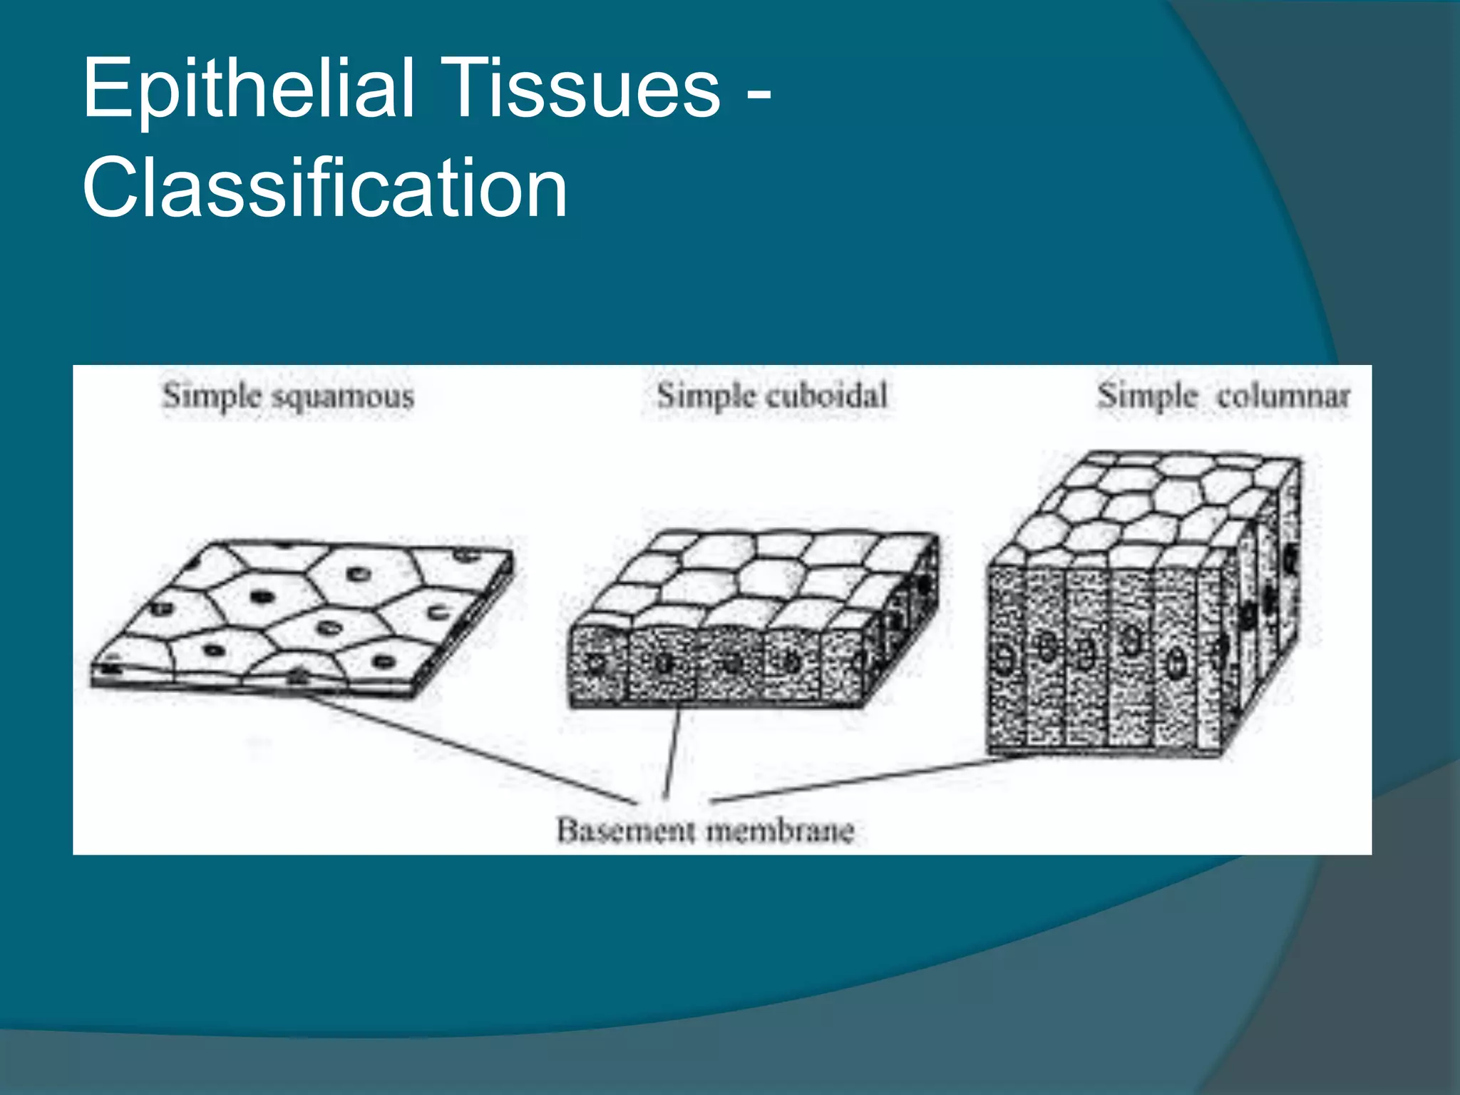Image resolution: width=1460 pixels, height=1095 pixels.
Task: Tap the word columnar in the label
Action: (x=1283, y=396)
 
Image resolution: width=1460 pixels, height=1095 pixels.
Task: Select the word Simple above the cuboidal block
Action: (x=706, y=396)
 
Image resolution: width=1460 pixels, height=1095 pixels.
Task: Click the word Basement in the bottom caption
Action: (x=625, y=831)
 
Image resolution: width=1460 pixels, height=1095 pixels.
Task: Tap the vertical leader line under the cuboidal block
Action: (x=672, y=752)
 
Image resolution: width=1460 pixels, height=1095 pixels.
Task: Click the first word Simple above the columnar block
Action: (x=1146, y=396)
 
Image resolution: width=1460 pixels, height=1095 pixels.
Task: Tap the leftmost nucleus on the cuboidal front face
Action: (x=596, y=664)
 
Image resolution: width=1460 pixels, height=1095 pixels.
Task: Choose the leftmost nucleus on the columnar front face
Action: (x=1004, y=659)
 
